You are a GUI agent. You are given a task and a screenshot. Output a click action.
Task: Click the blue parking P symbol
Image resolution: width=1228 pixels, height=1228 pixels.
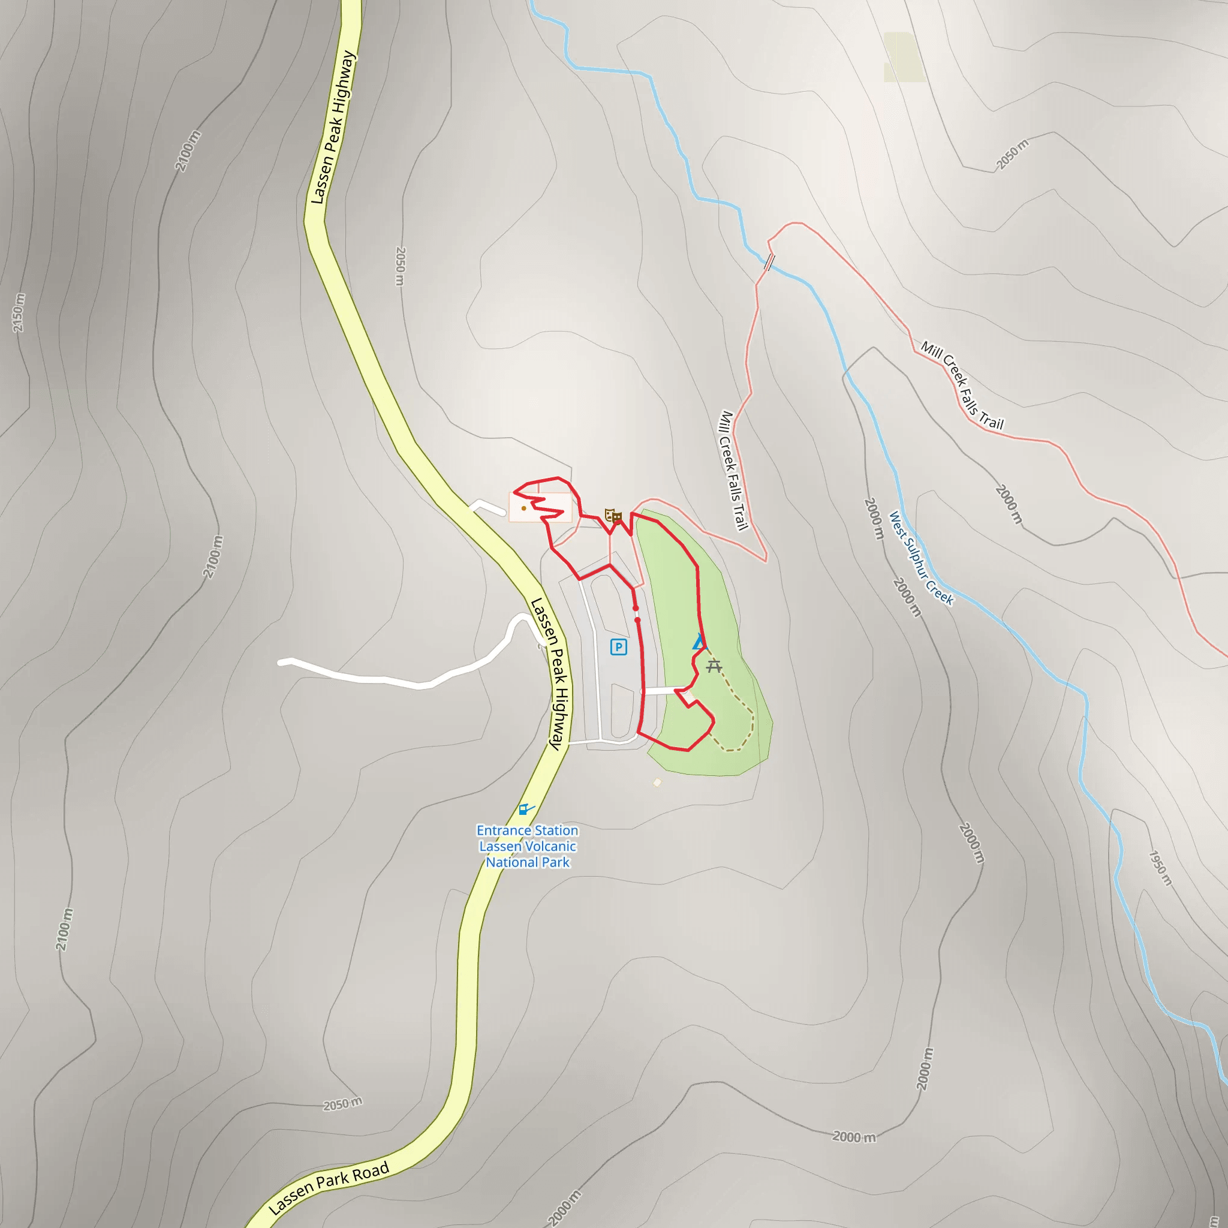pyautogui.click(x=618, y=647)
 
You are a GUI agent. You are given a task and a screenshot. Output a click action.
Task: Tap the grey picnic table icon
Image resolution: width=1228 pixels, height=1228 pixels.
pyautogui.click(x=714, y=666)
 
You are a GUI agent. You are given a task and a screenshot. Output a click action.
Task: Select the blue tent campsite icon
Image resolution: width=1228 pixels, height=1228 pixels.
pyautogui.click(x=699, y=642)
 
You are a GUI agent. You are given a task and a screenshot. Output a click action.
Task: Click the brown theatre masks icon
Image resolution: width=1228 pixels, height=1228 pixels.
pyautogui.click(x=612, y=515)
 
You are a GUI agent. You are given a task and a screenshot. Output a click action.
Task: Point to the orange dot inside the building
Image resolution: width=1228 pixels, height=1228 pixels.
pyautogui.click(x=523, y=508)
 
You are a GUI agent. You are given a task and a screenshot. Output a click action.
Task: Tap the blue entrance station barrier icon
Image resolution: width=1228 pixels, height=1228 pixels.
pyautogui.click(x=525, y=809)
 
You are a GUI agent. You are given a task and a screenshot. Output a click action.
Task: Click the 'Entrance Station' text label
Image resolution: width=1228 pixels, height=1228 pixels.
pyautogui.click(x=527, y=830)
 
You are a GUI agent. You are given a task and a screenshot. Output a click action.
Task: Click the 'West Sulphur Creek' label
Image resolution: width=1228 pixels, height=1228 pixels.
pyautogui.click(x=920, y=558)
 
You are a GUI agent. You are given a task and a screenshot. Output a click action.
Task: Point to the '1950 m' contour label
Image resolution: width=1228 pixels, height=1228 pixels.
pyautogui.click(x=1160, y=868)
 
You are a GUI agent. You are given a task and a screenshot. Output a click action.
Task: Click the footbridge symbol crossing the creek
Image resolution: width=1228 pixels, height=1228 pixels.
pyautogui.click(x=769, y=261)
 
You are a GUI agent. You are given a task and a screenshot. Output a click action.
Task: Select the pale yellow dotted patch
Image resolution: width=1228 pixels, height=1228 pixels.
pyautogui.click(x=903, y=57)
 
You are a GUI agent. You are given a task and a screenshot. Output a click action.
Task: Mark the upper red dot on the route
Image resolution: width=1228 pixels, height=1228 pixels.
pyautogui.click(x=636, y=608)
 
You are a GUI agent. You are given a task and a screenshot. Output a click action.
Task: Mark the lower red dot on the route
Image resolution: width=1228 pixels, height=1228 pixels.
pyautogui.click(x=637, y=620)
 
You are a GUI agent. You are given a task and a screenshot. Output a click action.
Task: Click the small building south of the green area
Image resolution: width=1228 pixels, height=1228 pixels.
pyautogui.click(x=657, y=782)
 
